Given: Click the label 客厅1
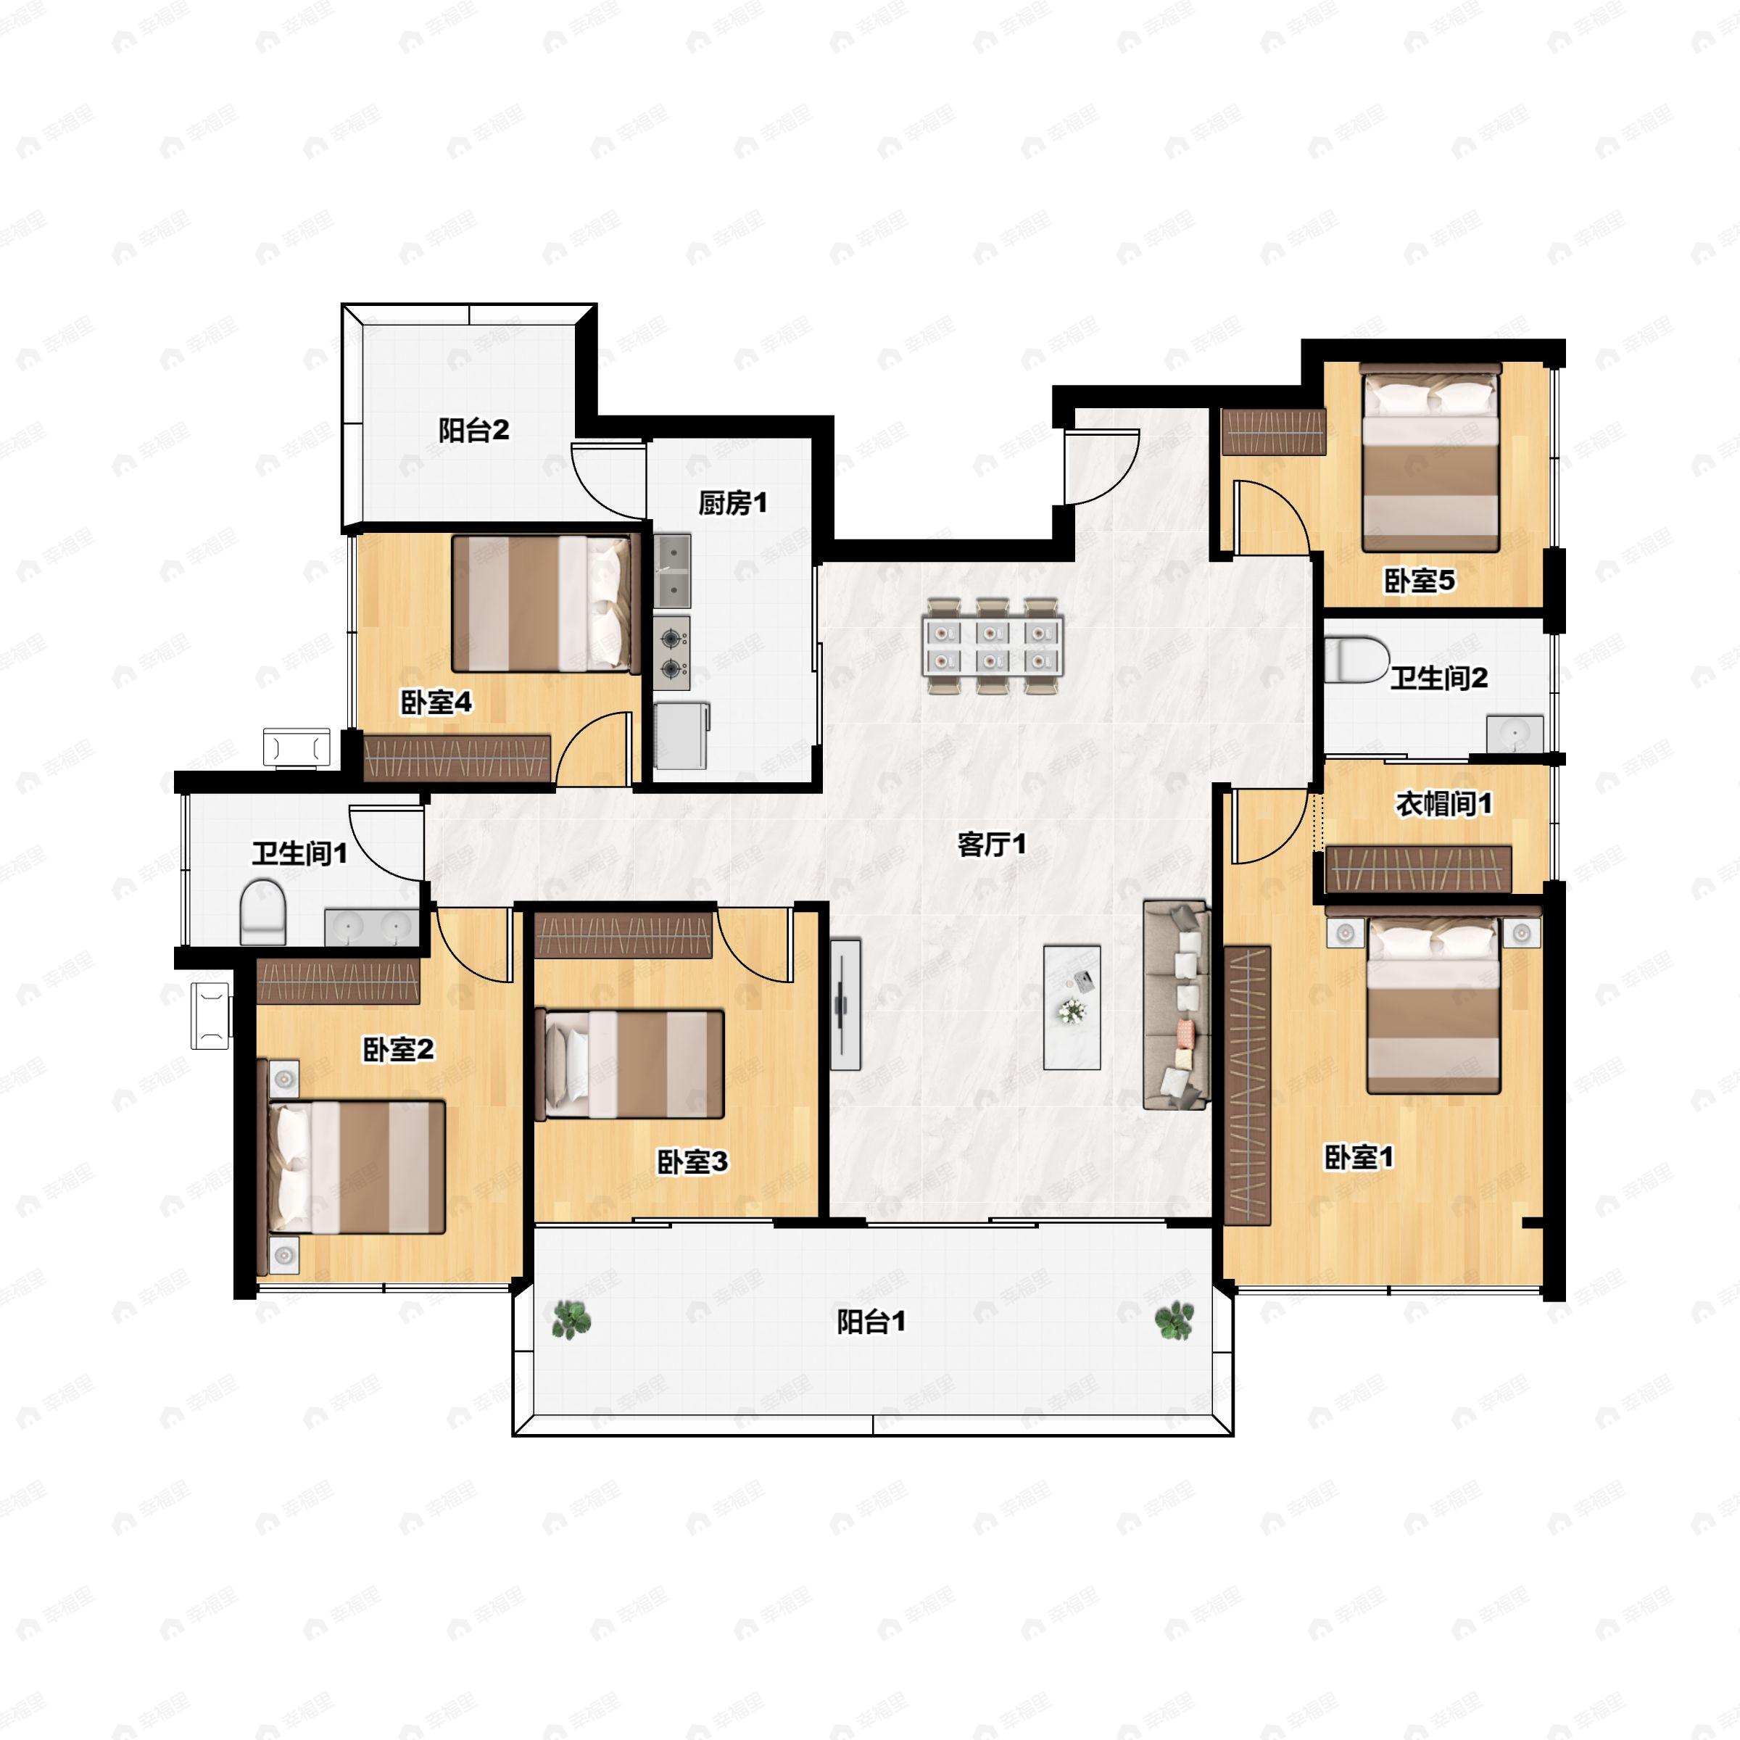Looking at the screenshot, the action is click(x=990, y=845).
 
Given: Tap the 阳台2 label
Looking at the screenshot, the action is click(x=473, y=431).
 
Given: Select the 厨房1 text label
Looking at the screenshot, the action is click(x=732, y=503).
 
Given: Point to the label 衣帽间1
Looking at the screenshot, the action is click(x=1443, y=803).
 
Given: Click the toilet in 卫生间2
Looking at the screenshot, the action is click(x=1356, y=660).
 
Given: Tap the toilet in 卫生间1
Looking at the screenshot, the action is click(x=263, y=912).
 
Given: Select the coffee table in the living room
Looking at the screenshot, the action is click(x=1072, y=1007).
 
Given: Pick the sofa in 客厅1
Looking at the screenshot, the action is click(x=1176, y=1004).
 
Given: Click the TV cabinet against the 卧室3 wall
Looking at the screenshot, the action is click(x=845, y=1004).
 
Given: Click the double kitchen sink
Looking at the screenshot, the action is click(x=672, y=571).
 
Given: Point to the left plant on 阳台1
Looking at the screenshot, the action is click(x=571, y=1319).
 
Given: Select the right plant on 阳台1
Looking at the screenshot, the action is click(x=1174, y=1321).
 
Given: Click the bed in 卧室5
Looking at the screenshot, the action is click(x=1430, y=457).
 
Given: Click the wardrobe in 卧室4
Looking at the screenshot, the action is click(x=457, y=758).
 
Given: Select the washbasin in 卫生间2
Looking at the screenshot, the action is click(x=1515, y=734).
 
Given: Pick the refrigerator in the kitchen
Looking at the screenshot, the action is click(x=681, y=736).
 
